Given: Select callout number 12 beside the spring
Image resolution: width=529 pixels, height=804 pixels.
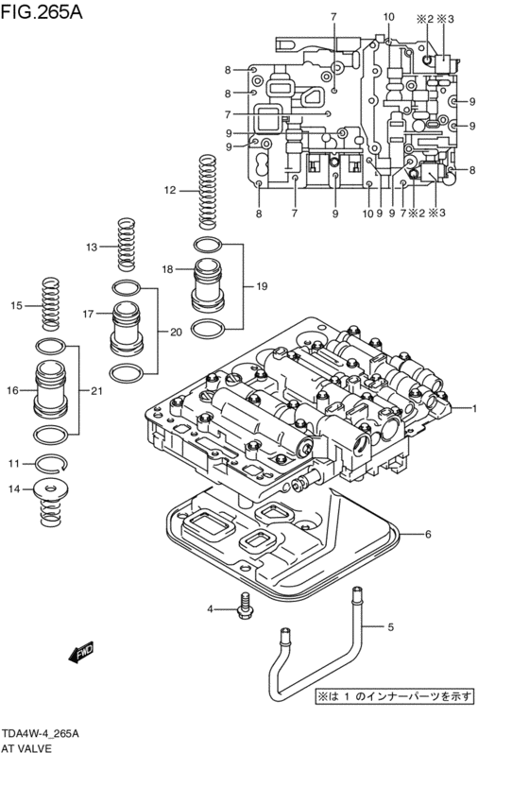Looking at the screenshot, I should point(170,190).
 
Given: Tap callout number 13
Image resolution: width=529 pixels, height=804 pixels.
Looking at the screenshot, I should point(91,247).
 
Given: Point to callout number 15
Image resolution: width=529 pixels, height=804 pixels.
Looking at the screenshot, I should point(15,305).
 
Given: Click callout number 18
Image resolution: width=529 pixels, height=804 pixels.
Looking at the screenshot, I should point(167,269).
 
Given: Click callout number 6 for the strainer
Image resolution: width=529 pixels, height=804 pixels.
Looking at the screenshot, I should point(427,535).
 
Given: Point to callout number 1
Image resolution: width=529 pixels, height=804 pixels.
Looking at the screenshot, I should point(475,408).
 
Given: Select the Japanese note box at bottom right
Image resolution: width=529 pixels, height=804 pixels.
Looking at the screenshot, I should point(395,696).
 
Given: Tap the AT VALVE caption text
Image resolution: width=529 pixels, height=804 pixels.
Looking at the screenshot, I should point(26,748).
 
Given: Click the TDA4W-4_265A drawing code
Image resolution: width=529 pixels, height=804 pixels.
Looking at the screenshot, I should point(40,733).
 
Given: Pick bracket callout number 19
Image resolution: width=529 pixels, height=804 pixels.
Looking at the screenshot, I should point(249,285).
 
